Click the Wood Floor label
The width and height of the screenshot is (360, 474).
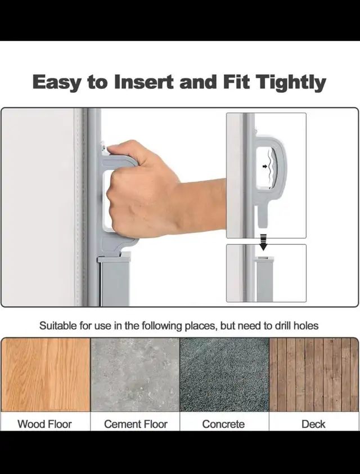(44, 424)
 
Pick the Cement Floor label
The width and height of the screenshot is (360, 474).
(136, 424)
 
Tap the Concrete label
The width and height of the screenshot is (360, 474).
(223, 424)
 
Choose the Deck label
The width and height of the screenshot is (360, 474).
(313, 424)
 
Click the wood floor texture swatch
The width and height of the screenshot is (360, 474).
(46, 374)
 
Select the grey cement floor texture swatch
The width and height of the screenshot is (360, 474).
(135, 374)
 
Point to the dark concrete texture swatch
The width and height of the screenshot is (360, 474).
(224, 374)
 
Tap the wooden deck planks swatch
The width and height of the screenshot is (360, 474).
(314, 374)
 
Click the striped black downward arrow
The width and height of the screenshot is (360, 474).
(264, 242)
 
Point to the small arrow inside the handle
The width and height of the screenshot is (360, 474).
(265, 166)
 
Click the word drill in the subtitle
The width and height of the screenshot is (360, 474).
(283, 326)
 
